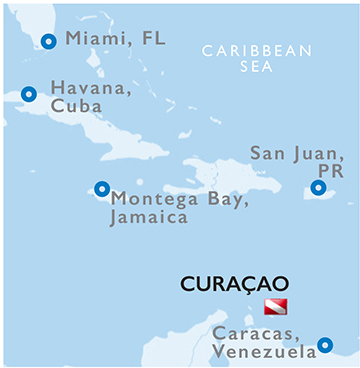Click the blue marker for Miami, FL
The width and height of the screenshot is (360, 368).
(x=46, y=42)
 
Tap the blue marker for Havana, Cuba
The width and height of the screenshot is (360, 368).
(x=29, y=94)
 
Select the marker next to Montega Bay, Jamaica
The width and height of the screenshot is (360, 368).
(x=101, y=188)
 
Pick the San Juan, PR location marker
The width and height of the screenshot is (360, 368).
(x=318, y=187)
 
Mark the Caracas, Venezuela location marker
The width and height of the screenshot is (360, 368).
(x=324, y=346)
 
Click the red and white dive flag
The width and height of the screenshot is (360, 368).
(x=274, y=306)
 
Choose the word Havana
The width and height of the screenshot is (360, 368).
(x=86, y=88)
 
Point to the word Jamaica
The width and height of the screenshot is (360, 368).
(x=150, y=215)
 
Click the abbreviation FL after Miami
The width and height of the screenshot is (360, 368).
(x=151, y=39)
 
